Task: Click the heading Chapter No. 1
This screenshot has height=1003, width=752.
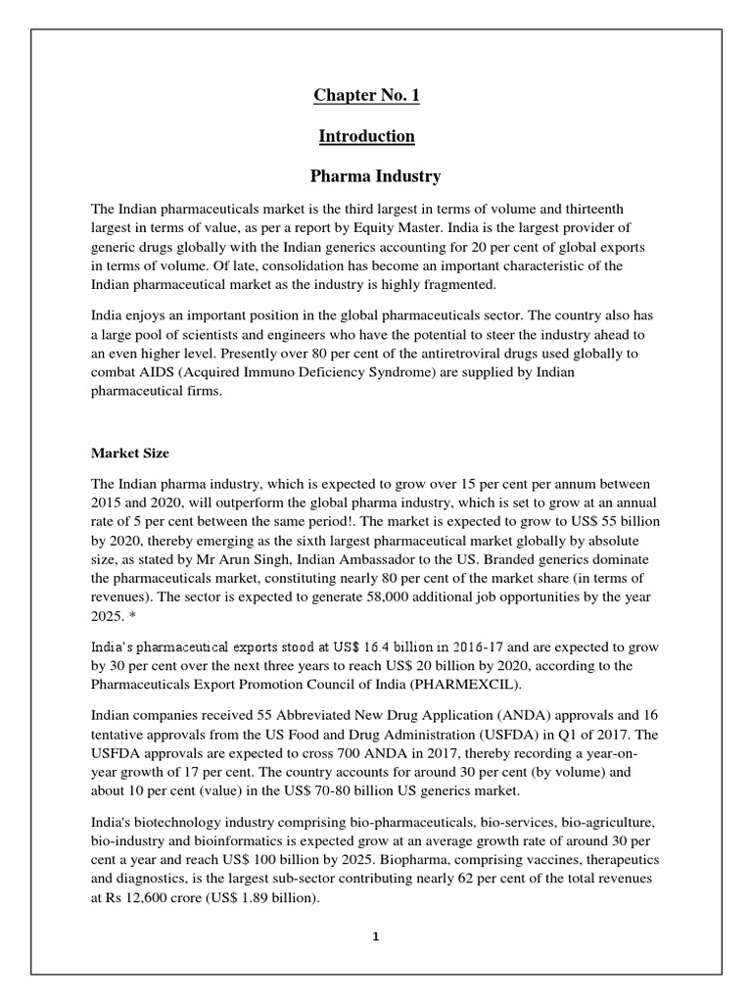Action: click(366, 95)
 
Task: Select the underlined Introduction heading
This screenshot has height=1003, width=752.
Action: click(366, 136)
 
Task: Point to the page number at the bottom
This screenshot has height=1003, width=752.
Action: click(375, 936)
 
